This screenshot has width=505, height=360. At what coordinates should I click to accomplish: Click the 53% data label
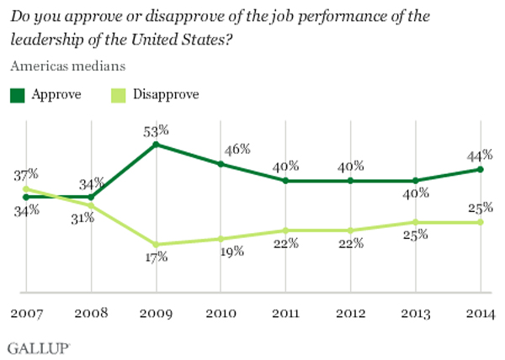(x=156, y=130)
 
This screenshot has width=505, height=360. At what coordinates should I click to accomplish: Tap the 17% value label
(x=156, y=257)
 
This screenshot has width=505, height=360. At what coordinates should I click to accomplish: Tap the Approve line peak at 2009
(x=155, y=144)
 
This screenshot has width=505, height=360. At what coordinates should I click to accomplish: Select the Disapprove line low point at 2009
(x=155, y=244)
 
